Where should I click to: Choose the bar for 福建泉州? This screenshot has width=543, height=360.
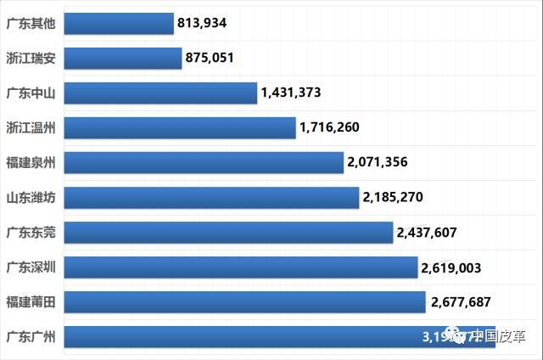click(x=204, y=162)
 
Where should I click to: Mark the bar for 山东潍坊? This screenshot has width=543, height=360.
click(x=211, y=197)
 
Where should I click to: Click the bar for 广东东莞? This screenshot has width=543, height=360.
click(x=228, y=232)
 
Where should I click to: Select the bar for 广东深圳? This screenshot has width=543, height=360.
click(x=241, y=267)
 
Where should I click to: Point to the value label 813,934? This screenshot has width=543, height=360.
click(x=205, y=23)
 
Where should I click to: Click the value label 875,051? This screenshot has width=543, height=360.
click(x=213, y=58)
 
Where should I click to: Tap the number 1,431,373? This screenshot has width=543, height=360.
click(x=291, y=93)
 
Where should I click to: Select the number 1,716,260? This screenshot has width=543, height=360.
click(x=329, y=127)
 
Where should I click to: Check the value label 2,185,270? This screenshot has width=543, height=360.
click(x=393, y=198)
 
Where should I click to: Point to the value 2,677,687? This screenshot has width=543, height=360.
click(x=461, y=301)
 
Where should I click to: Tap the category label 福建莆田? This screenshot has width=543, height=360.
click(x=31, y=301)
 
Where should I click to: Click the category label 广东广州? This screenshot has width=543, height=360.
click(x=31, y=336)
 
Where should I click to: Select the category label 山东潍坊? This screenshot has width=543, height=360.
click(x=31, y=197)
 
